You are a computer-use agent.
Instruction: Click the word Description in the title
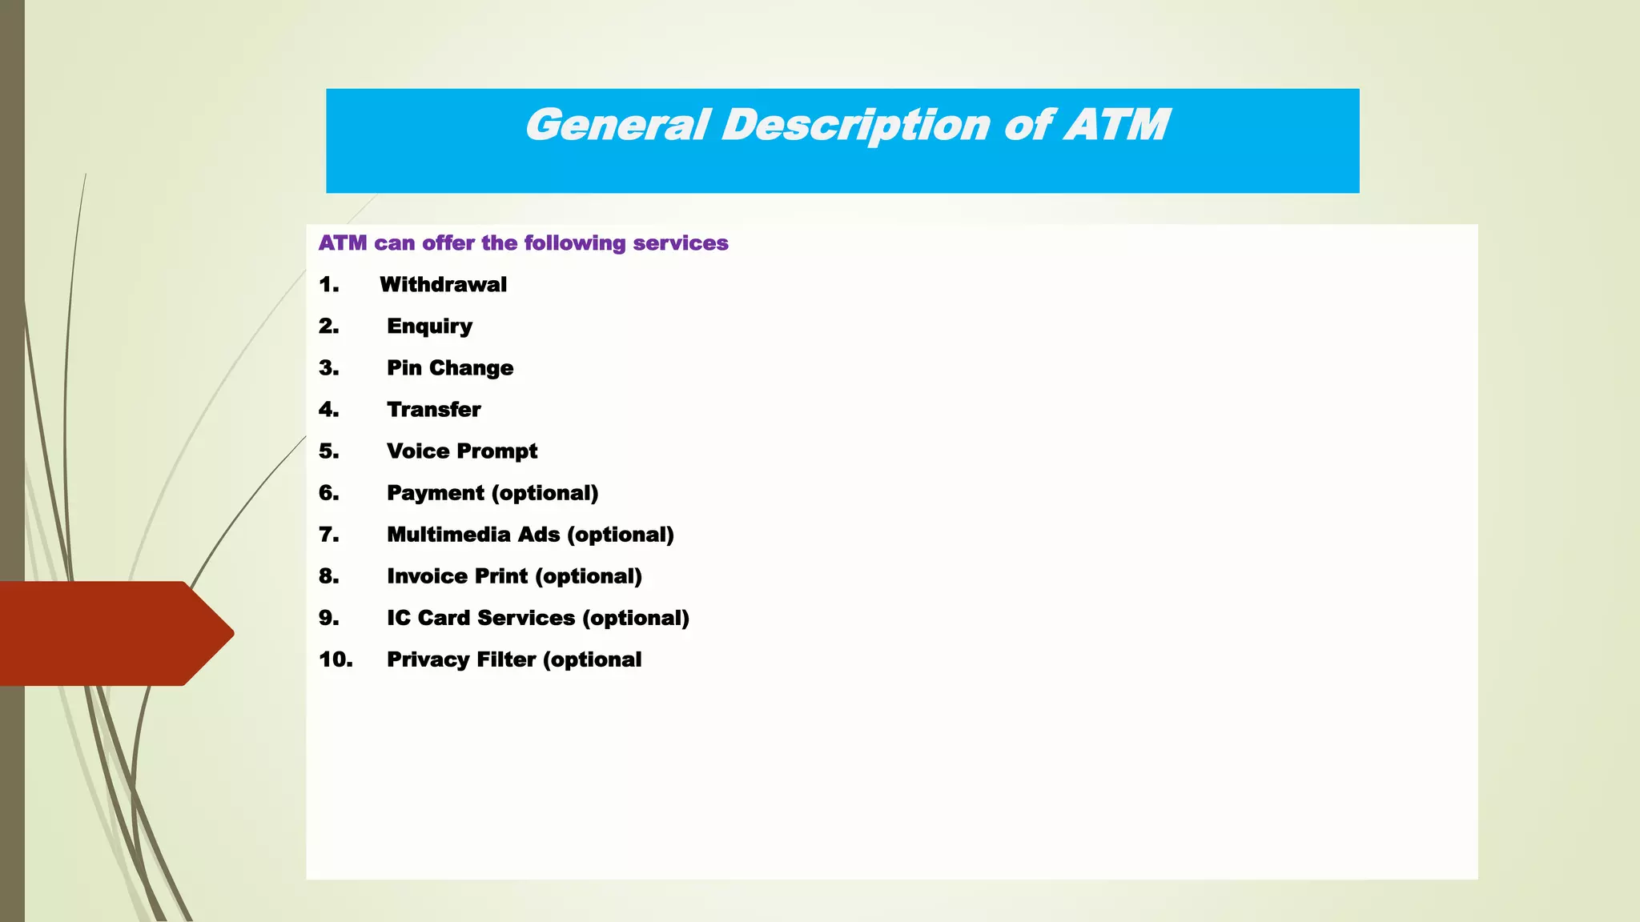(856, 126)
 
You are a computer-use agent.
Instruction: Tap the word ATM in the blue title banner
(1116, 125)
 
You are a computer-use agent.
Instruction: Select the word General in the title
(617, 125)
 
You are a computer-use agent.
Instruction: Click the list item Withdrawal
(443, 285)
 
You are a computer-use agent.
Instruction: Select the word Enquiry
(429, 327)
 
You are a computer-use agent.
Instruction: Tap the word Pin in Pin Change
(404, 368)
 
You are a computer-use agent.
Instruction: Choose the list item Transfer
(433, 410)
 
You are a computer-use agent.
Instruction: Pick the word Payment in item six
(436, 493)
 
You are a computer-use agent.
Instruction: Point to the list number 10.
(336, 659)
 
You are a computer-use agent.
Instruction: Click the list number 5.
(328, 451)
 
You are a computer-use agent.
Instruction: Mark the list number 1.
(328, 285)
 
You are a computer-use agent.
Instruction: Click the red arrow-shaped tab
(112, 633)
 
